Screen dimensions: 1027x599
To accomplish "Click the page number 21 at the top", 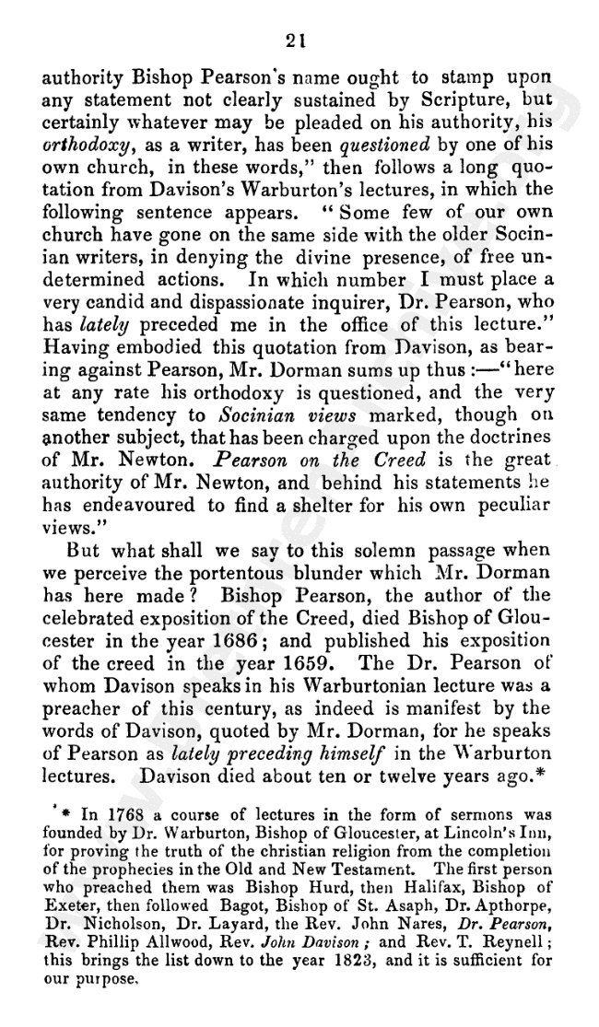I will click(x=297, y=41).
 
